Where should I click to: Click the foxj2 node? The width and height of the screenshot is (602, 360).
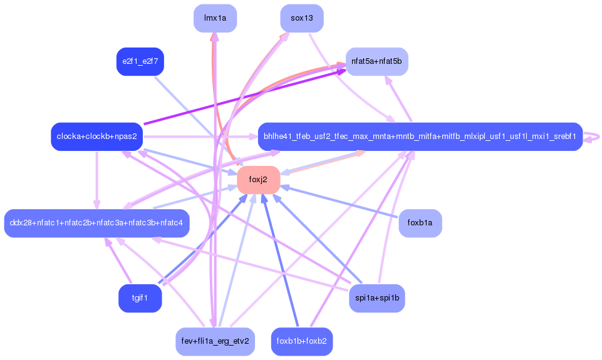tap(258, 180)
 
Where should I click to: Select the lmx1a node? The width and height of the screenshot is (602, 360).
tap(215, 18)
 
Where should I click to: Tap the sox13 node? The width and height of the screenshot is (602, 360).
tap(301, 18)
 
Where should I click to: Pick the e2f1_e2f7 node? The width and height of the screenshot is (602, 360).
tap(140, 61)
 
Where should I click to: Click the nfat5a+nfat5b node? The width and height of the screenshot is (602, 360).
tap(376, 61)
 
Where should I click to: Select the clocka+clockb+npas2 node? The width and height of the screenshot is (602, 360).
tap(96, 136)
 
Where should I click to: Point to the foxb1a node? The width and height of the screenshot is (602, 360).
tap(420, 223)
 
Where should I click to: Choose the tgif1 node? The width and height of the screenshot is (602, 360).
tap(140, 298)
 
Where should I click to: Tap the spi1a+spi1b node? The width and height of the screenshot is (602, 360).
tap(376, 298)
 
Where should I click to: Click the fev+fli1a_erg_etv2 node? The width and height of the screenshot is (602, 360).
tap(215, 341)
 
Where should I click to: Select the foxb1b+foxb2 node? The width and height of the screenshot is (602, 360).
tap(301, 341)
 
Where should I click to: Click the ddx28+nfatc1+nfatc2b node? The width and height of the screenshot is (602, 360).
tap(96, 223)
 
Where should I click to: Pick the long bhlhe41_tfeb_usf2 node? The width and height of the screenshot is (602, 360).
tap(420, 136)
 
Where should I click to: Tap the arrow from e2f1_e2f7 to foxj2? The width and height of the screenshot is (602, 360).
tap(188, 110)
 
